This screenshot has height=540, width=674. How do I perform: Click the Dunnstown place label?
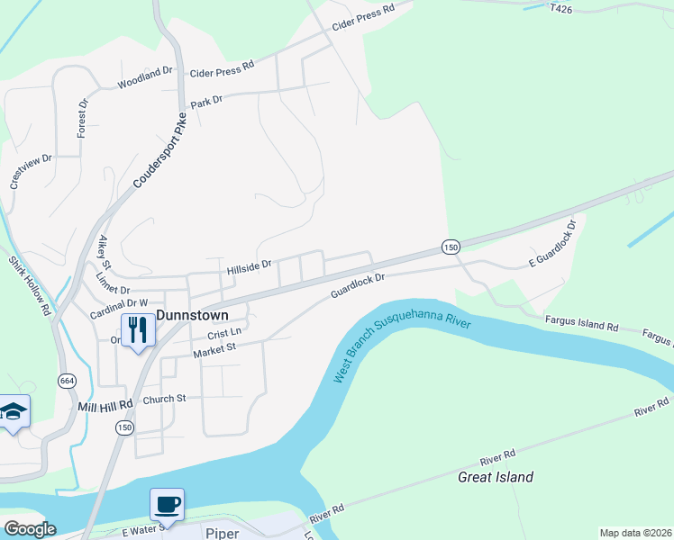pos(192,315)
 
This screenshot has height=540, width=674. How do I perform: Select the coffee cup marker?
pos(167,504)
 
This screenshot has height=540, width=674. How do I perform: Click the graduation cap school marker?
pos(14,412)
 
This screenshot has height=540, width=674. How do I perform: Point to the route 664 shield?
pos(68,381)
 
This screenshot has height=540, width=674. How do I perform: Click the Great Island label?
pos(496,477)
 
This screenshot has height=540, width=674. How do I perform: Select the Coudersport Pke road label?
pos(160,150)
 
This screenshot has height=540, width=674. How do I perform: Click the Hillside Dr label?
pos(249,267)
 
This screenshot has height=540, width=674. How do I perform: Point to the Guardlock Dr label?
pos(358,285)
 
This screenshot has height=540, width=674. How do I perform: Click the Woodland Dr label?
pos(144,78)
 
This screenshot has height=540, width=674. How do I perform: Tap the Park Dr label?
pos(206,102)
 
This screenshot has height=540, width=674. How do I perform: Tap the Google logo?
pos(29,529)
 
